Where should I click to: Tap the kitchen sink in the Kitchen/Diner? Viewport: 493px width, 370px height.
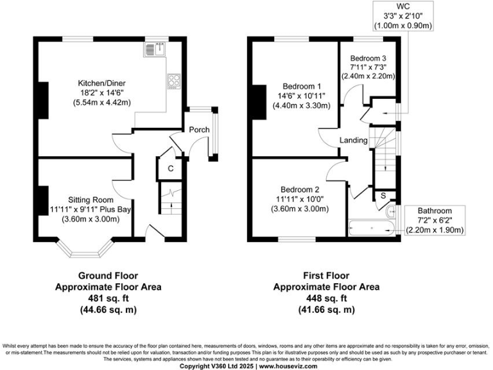point(157,48)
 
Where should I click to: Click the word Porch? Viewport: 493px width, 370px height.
point(199,130)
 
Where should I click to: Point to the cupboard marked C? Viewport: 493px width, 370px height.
point(170,168)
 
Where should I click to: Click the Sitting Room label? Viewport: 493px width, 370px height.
point(92,199)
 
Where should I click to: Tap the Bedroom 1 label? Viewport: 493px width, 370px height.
point(301,87)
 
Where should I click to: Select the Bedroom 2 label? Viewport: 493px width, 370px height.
point(300,189)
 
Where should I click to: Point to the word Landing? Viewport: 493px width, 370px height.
point(353,140)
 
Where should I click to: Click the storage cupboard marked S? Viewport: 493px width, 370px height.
point(383,195)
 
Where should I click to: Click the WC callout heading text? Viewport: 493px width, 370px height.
point(403,6)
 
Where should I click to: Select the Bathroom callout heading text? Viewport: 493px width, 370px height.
point(435,211)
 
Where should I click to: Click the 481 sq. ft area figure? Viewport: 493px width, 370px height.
point(108,298)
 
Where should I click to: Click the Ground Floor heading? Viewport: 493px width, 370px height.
point(108,276)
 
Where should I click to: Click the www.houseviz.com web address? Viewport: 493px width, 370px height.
point(299,366)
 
